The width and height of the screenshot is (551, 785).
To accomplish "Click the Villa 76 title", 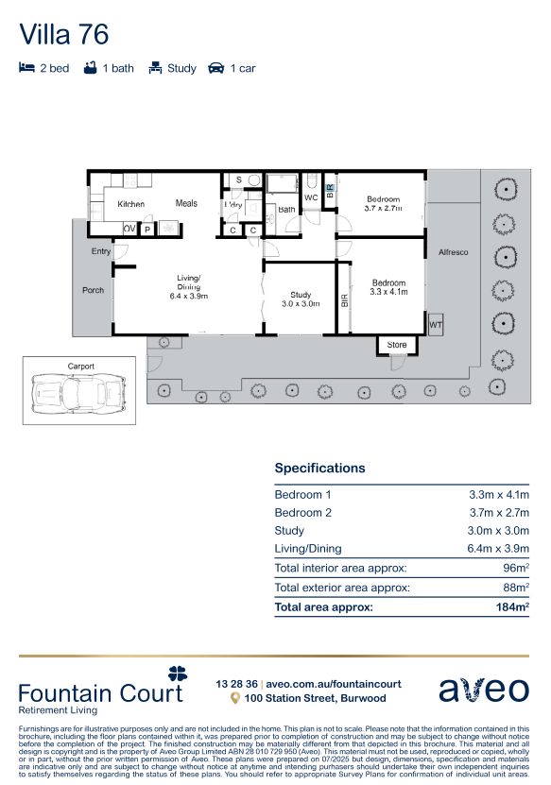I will tap(64, 35).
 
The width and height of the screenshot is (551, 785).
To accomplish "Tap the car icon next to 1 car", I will tap(215, 68).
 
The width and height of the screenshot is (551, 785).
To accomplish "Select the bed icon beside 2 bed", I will tap(27, 68).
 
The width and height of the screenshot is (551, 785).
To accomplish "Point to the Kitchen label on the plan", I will tap(130, 204).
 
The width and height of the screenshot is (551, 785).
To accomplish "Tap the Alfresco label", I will tap(453, 252).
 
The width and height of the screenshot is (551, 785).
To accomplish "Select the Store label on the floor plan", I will tap(397, 345).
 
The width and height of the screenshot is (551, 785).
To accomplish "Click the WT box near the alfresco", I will tap(435, 325).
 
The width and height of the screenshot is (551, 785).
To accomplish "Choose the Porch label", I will tap(93, 290).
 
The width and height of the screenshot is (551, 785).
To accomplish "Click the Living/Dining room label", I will tap(188, 283).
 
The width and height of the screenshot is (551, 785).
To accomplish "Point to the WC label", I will tap(311, 197).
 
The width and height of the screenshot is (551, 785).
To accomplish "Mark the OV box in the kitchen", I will tap(129, 229).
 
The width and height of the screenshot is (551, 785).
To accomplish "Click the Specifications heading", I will tap(319, 468).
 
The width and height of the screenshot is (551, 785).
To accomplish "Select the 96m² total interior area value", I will tap(515, 568).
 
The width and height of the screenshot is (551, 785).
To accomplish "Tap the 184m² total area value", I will tap(511, 607).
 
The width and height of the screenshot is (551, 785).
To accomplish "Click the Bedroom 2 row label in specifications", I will tap(302, 513).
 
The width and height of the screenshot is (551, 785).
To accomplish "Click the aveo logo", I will tap(484, 689).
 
